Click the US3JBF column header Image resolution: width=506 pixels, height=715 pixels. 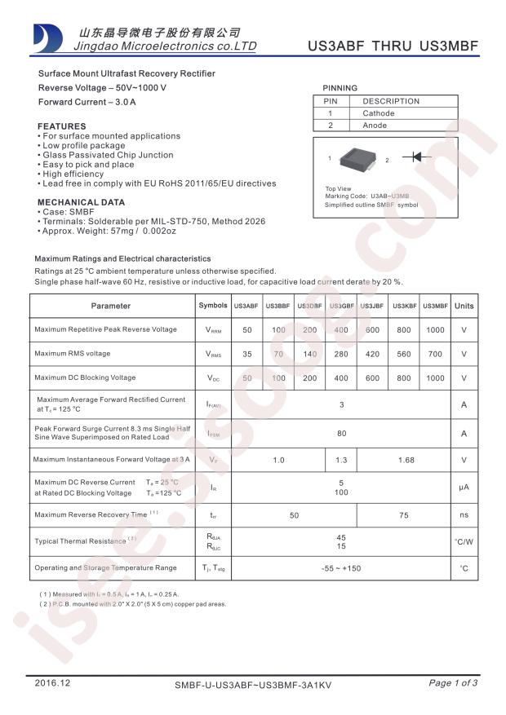[372, 306]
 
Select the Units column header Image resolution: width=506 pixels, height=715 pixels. [464, 306]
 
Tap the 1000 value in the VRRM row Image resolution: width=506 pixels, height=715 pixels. [435, 329]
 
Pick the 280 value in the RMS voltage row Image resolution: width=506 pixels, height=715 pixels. [341, 354]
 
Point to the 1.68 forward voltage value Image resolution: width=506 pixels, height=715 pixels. [405, 460]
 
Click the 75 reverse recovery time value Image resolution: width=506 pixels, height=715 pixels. [403, 515]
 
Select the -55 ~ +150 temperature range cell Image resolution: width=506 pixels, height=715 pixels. [341, 567]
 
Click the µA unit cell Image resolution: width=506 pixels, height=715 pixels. [464, 488]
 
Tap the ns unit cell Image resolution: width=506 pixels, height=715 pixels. [464, 515]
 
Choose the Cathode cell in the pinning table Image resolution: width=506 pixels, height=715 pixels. [379, 113]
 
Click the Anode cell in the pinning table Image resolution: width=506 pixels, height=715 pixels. [375, 126]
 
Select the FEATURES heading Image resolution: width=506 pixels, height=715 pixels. [62, 126]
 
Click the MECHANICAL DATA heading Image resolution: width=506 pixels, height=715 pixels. [82, 202]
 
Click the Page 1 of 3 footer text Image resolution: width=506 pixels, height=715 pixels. [453, 683]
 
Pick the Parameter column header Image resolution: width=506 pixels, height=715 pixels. [111, 306]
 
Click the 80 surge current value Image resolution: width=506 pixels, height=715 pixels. [341, 434]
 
